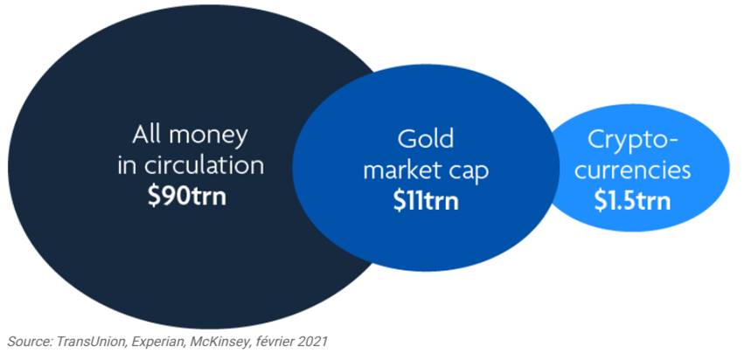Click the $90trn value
tap(187, 197)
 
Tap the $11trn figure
tap(426, 201)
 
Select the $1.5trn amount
tap(632, 201)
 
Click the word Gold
tap(426, 139)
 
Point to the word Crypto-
tap(632, 141)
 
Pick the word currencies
tap(632, 170)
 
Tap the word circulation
tap(203, 167)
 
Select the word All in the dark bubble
tap(148, 135)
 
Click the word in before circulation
tap(127, 167)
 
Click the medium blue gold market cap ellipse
tap(426, 168)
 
